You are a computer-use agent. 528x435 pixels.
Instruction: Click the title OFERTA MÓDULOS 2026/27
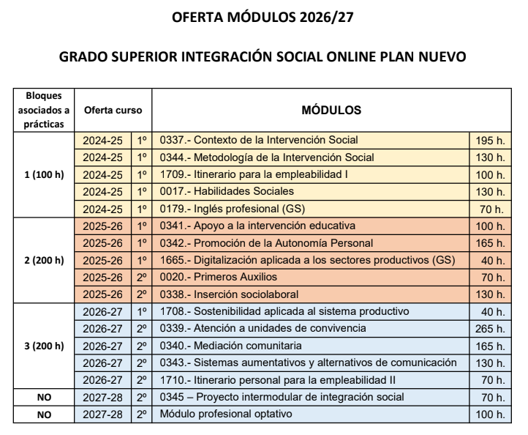[263, 19]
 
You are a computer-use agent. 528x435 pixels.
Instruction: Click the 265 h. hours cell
[490, 328]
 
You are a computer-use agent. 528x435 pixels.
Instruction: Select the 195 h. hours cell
[490, 140]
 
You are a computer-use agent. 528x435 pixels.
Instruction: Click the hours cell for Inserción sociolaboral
[490, 294]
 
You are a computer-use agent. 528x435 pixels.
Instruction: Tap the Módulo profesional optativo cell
[224, 414]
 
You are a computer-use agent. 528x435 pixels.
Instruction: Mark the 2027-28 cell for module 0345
[102, 397]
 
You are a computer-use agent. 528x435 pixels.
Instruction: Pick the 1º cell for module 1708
[142, 311]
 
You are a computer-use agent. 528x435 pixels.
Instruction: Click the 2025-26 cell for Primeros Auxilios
[102, 277]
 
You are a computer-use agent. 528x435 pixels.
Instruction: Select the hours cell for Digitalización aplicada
[490, 260]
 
